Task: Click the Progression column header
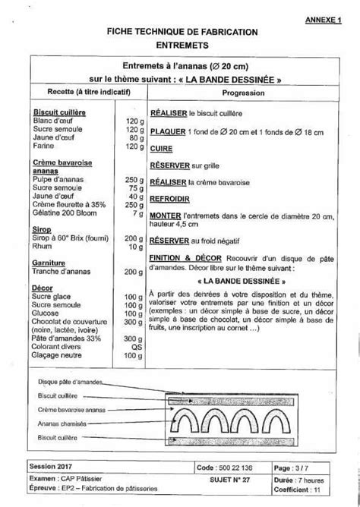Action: point(242,91)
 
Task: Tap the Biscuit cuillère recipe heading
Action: point(59,112)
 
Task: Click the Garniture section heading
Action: point(50,262)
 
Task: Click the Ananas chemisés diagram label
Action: point(68,423)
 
